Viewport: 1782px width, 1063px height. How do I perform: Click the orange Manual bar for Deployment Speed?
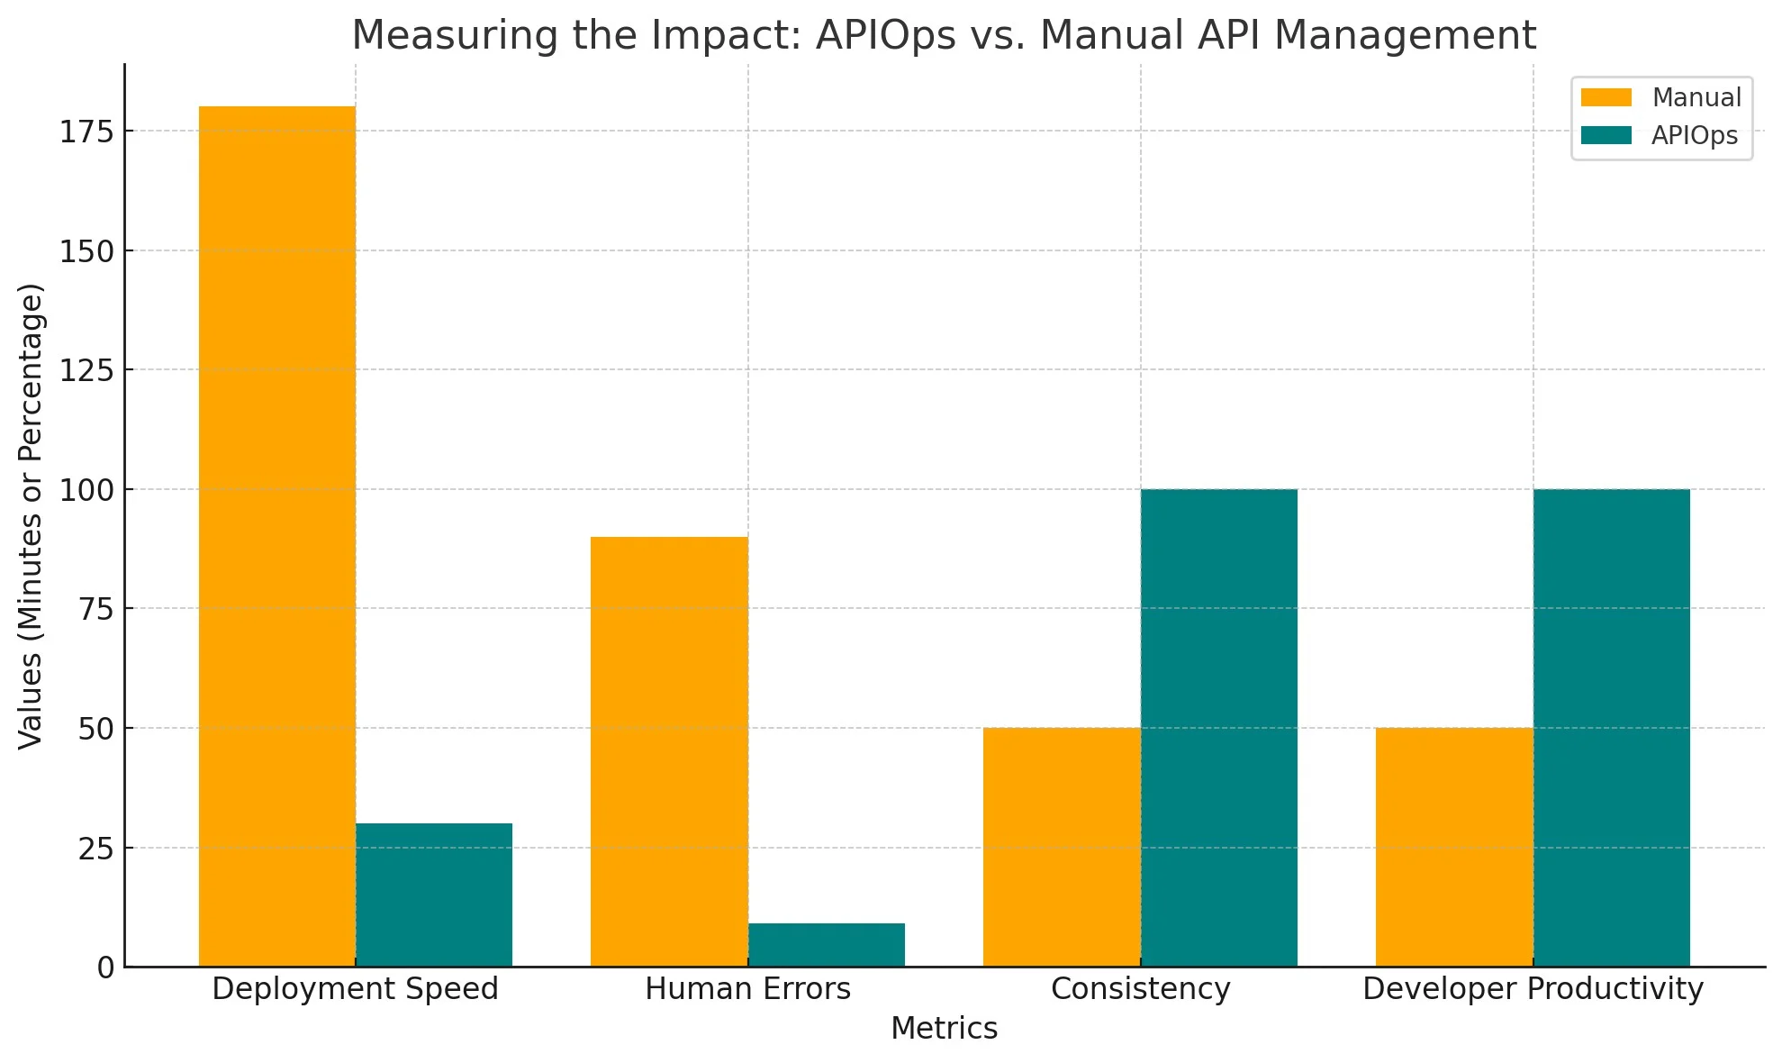pyautogui.click(x=276, y=536)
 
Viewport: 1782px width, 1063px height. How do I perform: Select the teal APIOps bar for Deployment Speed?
pyautogui.click(x=434, y=895)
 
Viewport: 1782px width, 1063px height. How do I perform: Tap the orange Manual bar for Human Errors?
pyautogui.click(x=669, y=751)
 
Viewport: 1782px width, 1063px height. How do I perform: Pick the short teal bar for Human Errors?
pyautogui.click(x=827, y=945)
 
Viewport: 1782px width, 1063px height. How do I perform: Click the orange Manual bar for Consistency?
pyautogui.click(x=1062, y=847)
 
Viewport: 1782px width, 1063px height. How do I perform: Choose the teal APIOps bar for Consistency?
pyautogui.click(x=1219, y=728)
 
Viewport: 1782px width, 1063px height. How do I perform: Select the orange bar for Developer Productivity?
pyautogui.click(x=1454, y=847)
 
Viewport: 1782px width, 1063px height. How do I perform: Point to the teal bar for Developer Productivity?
pyautogui.click(x=1612, y=728)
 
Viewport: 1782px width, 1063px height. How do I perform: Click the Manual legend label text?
pyautogui.click(x=1696, y=97)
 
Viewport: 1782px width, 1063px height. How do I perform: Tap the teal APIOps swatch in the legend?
pyautogui.click(x=1606, y=136)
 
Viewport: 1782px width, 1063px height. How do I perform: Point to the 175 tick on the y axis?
pyautogui.click(x=87, y=132)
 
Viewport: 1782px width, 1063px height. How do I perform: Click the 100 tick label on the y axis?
pyautogui.click(x=87, y=491)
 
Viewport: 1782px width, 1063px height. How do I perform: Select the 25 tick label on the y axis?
pyautogui.click(x=96, y=849)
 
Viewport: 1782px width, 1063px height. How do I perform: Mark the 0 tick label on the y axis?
pyautogui.click(x=106, y=968)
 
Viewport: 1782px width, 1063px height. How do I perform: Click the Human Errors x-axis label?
pyautogui.click(x=747, y=989)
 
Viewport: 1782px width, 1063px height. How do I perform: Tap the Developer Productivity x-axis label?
pyautogui.click(x=1533, y=989)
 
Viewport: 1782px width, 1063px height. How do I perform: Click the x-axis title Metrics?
pyautogui.click(x=944, y=1029)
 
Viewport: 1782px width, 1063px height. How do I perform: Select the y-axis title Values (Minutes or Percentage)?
pyautogui.click(x=31, y=515)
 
